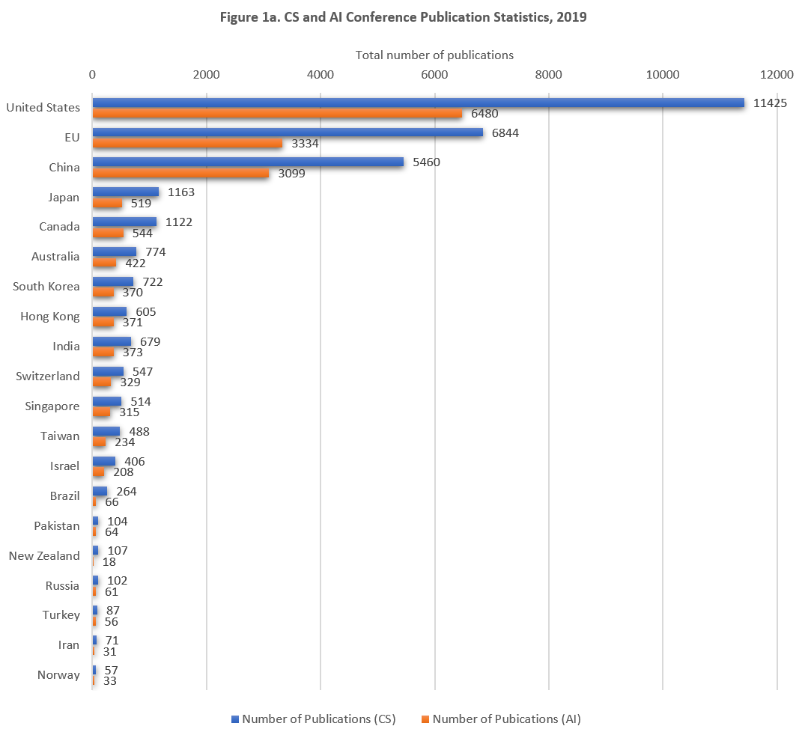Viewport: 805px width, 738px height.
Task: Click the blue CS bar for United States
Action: [418, 103]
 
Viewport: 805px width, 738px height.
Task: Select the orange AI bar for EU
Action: [187, 144]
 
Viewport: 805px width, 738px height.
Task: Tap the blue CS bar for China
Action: [248, 162]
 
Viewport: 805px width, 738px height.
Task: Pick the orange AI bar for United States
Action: [277, 114]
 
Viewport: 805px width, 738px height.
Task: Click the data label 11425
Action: [769, 103]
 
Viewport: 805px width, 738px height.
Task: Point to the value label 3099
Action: [293, 174]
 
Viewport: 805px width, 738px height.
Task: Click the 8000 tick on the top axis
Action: [549, 74]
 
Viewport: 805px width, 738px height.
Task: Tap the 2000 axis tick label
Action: [206, 74]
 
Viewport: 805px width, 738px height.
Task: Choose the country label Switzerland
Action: [48, 376]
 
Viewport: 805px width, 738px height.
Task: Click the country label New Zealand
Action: [44, 555]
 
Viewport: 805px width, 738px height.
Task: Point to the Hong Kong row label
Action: [50, 317]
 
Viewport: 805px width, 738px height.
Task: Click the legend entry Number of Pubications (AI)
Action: [506, 719]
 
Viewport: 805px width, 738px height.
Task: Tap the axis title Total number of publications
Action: [434, 55]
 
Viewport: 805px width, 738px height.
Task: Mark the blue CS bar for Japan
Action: [125, 192]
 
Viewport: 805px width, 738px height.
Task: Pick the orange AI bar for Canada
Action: [108, 233]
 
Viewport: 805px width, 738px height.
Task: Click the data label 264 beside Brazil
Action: [127, 491]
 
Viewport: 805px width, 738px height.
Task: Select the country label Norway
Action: [58, 675]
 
